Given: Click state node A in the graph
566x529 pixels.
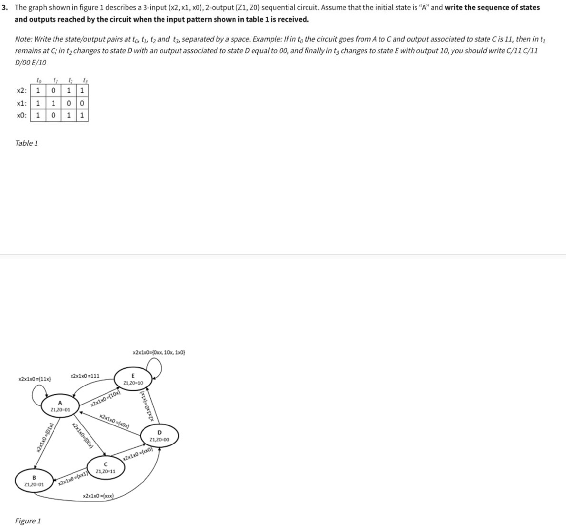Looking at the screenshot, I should pos(60,407).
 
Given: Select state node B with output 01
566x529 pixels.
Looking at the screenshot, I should pos(34,480).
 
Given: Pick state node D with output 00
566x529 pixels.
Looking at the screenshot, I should pos(159,436).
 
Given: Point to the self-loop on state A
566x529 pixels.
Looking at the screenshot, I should pos(39,393).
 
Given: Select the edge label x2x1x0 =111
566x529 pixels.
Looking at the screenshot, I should pos(85,376).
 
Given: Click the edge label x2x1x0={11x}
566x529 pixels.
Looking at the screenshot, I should pos(35,379).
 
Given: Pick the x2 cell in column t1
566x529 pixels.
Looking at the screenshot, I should pos(54,90).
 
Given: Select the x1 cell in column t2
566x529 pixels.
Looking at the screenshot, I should pos(69,103).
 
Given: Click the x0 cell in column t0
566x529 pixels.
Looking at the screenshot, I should pos(38,115).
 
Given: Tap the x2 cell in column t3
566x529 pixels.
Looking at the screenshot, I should pos(82,90).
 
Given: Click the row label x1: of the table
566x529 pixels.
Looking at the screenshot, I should pos(21,103).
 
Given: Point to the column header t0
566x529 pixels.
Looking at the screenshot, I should pos(38,80).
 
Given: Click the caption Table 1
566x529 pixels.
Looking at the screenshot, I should pos(27,143).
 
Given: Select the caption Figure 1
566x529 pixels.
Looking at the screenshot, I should pos(28,520).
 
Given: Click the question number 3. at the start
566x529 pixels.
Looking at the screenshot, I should pos(5,8).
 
